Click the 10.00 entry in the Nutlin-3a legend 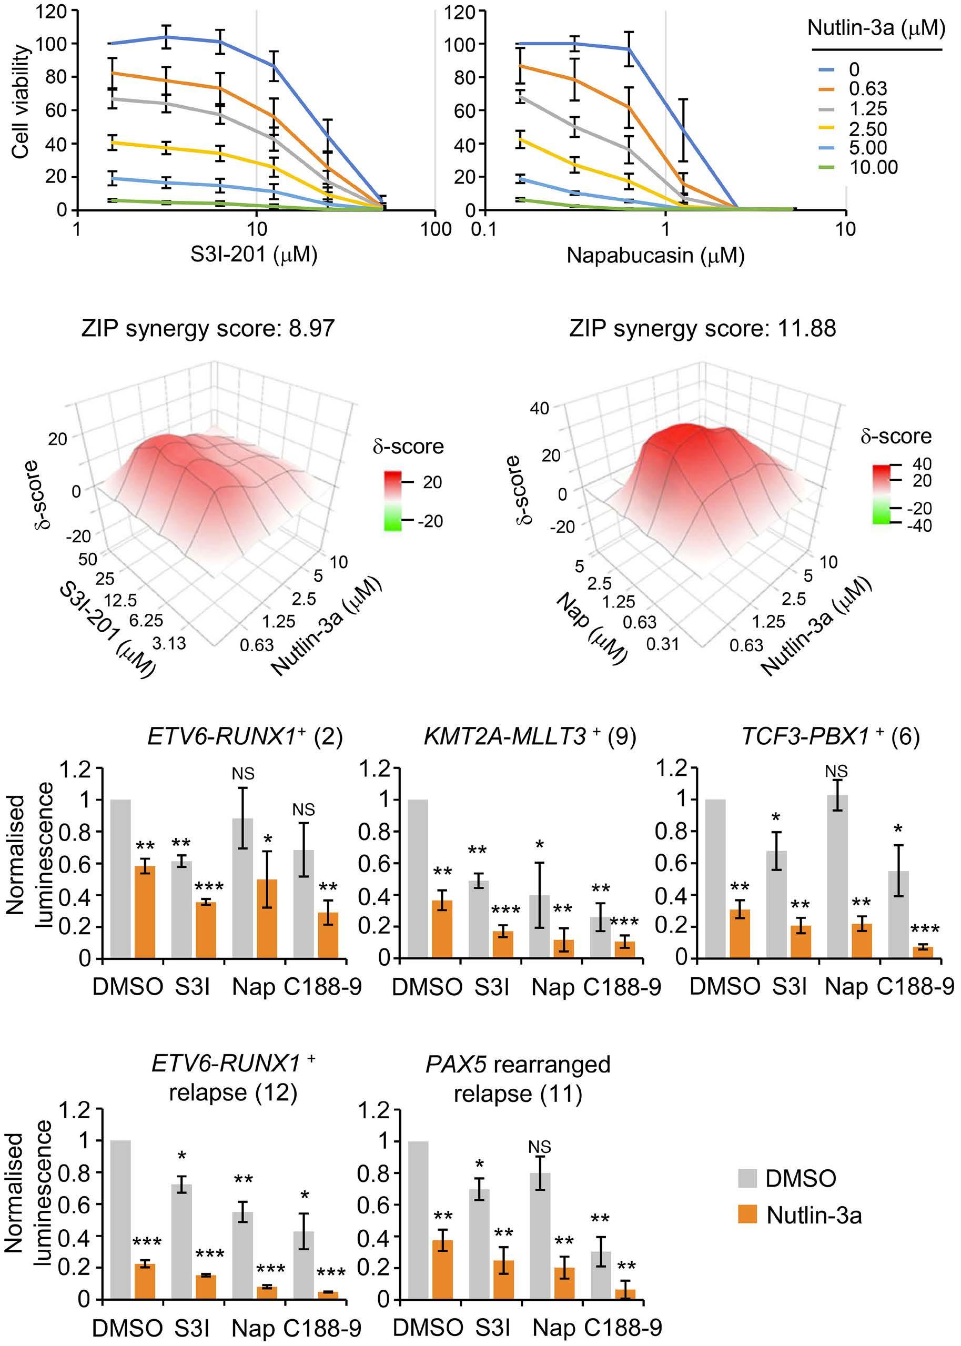pos(873,167)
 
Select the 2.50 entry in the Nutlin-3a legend pos(867,128)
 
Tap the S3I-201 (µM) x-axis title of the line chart pos(254,255)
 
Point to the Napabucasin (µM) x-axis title pos(655,255)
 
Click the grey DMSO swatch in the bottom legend pos(748,1178)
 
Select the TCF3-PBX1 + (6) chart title pos(830,738)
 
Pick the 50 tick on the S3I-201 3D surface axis pos(87,559)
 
